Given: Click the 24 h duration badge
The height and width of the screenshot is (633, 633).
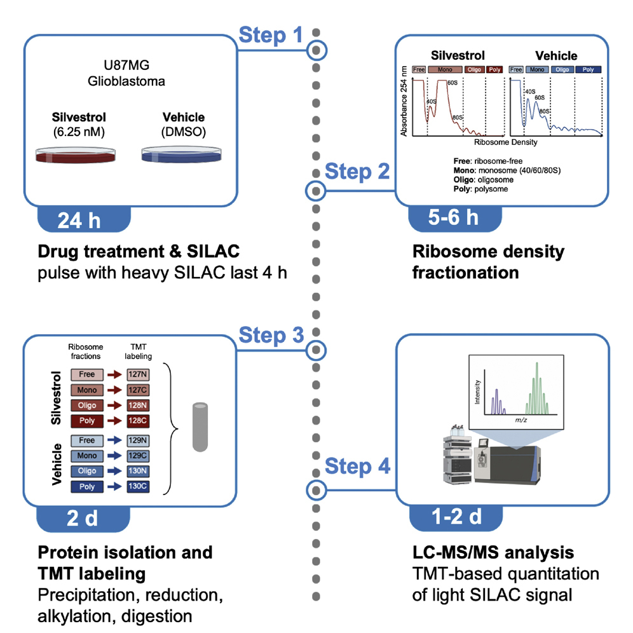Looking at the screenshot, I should [x=79, y=220].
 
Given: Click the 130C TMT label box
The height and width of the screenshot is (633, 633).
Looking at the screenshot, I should [x=138, y=486].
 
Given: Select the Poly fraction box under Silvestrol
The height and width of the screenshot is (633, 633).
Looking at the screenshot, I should [x=87, y=421].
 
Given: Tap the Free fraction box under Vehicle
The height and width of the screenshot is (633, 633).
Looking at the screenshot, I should [x=87, y=440].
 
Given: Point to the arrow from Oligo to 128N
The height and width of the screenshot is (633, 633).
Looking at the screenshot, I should [x=113, y=406].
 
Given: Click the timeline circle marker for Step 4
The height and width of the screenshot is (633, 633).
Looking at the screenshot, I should [x=316, y=489].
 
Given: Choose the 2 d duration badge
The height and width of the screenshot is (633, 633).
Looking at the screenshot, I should [x=83, y=519].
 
